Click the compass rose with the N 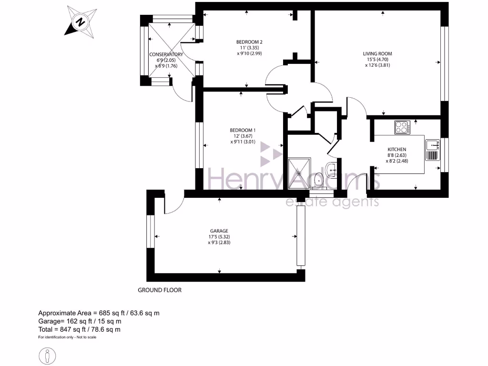coord(81,21)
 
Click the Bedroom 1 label coord(243,130)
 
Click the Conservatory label coord(166,54)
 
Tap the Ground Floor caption coord(160,290)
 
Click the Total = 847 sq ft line coord(79,329)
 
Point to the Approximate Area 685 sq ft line coord(99,313)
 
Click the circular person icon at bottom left coord(47,356)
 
